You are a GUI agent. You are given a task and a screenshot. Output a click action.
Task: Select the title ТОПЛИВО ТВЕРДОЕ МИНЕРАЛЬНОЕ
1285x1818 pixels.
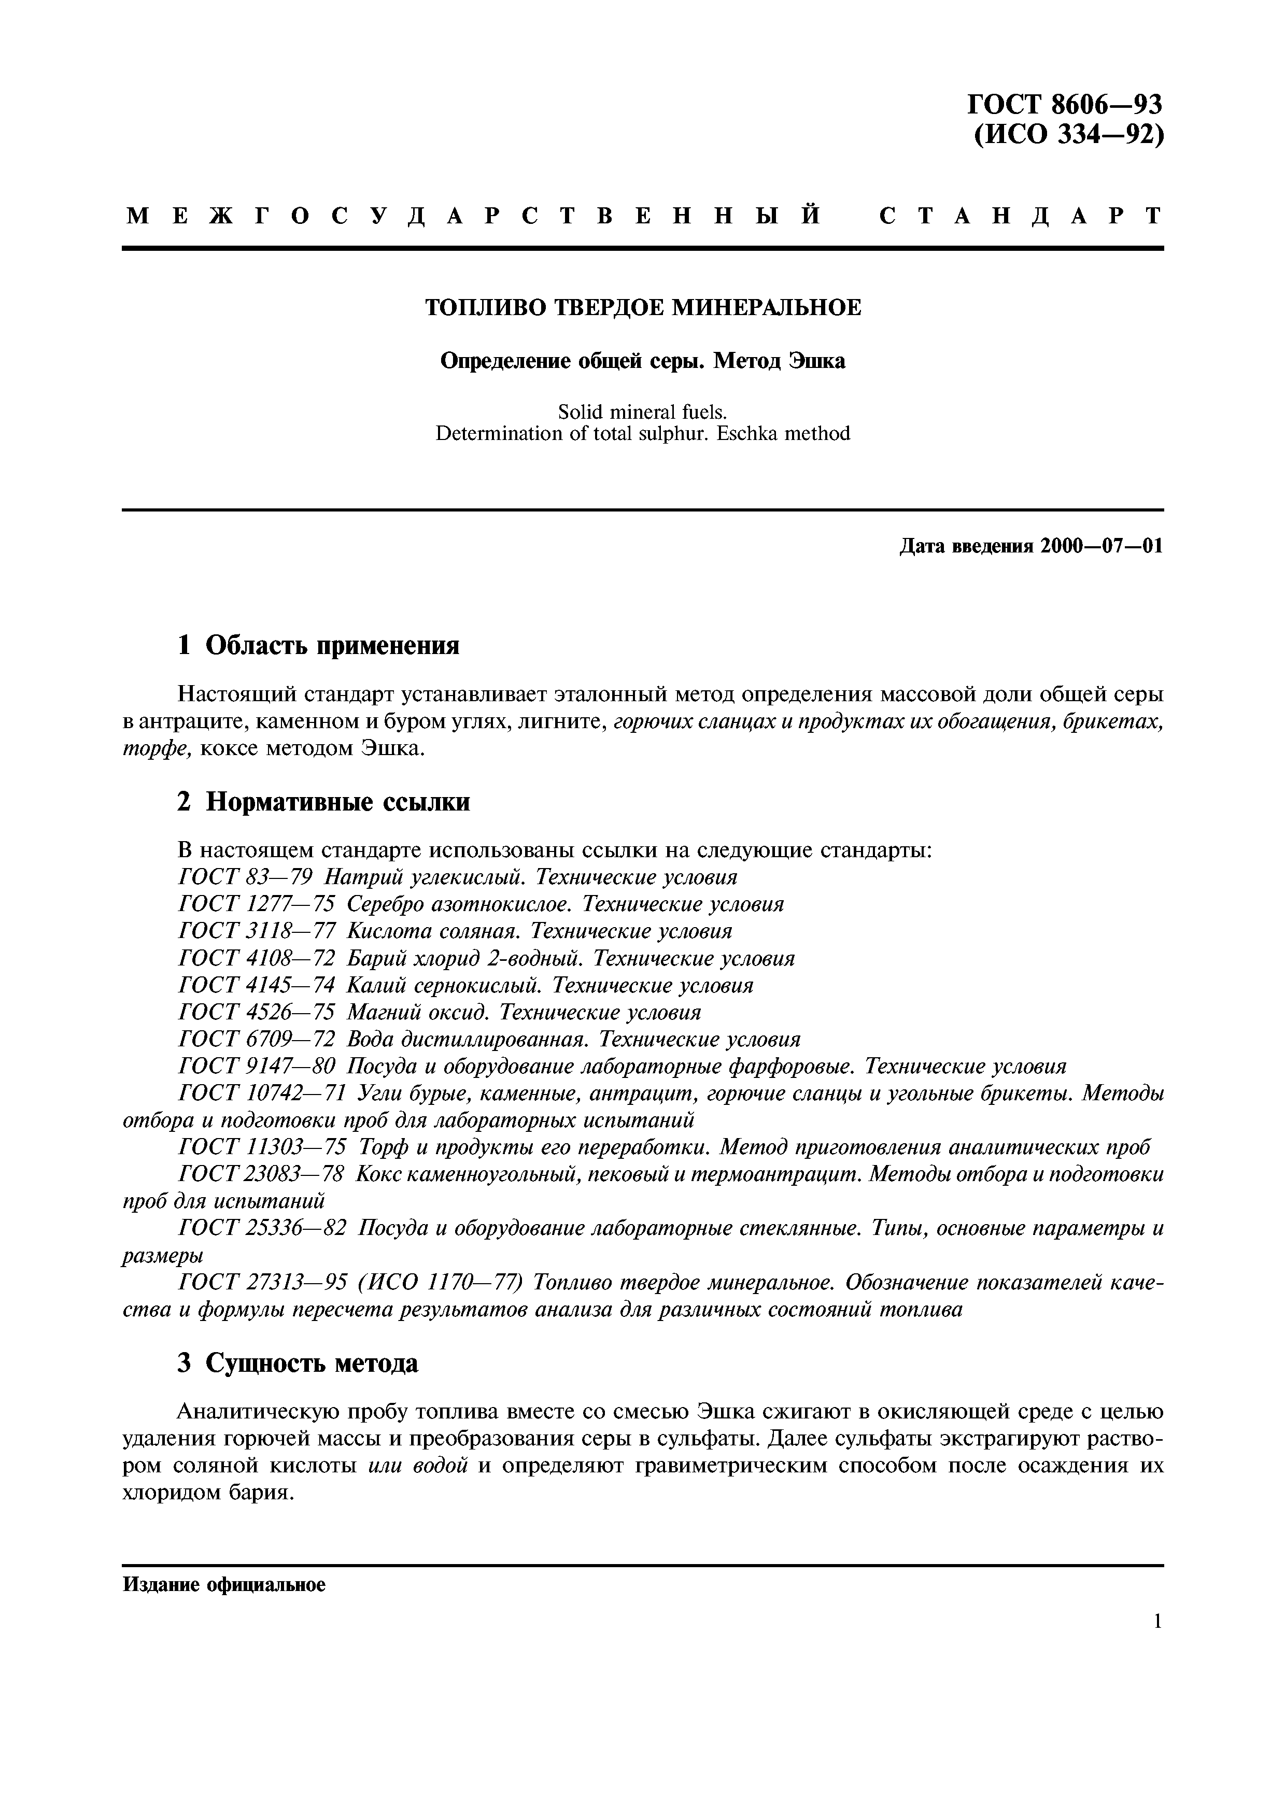coord(642,307)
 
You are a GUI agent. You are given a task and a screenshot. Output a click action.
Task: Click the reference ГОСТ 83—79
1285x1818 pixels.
coord(246,877)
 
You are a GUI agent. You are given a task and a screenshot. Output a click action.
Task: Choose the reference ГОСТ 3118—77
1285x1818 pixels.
coord(257,931)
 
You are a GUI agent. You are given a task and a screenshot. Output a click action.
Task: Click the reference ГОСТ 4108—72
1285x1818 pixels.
coord(257,959)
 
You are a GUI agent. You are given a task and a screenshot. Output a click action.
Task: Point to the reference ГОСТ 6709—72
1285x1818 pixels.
coord(257,1039)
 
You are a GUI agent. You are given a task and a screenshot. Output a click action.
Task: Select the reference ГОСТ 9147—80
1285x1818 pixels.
coord(257,1067)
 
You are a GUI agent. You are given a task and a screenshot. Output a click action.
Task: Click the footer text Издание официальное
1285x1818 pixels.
coord(224,1585)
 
